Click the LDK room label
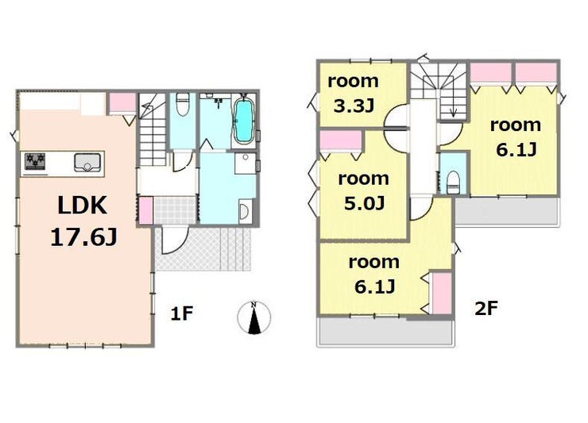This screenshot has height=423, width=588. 83,206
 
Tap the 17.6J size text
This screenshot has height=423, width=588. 83,237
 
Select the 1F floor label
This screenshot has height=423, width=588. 181,313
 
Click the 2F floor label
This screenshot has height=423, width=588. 486,309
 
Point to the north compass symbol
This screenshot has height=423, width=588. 254,317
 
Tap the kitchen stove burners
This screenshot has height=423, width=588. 35,161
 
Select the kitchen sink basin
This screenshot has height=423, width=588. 87,162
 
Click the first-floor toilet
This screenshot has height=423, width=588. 182,105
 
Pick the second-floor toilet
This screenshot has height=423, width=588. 454,182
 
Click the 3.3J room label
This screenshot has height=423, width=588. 353,94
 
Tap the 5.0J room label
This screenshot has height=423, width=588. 363,190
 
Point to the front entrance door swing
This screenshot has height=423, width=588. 174,240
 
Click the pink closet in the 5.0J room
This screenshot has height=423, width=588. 341,140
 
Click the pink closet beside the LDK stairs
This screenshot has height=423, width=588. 122,102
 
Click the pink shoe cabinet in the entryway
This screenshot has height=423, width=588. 146,210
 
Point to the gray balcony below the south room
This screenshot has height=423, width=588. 386,332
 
